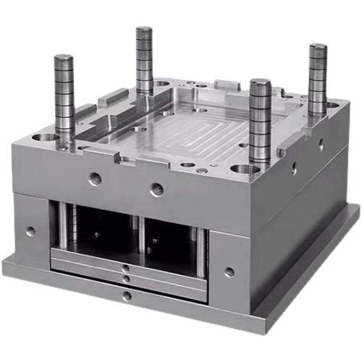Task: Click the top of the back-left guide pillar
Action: pyautogui.click(x=63, y=58)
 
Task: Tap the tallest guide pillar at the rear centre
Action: pyautogui.click(x=144, y=30)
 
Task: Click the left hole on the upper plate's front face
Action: pyautogui.click(x=95, y=178)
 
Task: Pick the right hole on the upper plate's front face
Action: pyautogui.click(x=156, y=190)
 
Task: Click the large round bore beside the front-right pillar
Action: pyautogui.click(x=244, y=170)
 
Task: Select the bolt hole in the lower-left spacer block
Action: pyautogui.click(x=30, y=232)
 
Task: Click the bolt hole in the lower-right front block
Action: pyautogui.click(x=229, y=272)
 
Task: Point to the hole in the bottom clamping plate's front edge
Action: pyautogui.click(x=127, y=295)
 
